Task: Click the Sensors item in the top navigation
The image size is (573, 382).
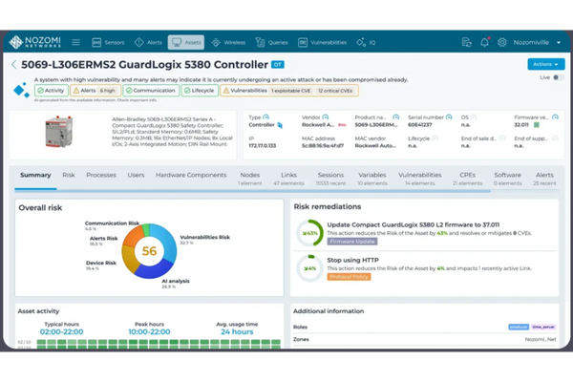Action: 108,42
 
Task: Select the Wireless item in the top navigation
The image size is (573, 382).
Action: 229,42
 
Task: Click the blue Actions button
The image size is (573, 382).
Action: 540,64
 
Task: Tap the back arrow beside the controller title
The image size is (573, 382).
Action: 13,65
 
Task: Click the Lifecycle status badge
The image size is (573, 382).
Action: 197,91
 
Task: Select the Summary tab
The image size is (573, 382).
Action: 35,175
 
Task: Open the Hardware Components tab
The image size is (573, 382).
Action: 191,175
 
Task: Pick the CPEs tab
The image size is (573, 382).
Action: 467,175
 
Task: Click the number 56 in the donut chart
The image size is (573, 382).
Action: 150,250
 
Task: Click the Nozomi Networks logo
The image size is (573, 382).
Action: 44,42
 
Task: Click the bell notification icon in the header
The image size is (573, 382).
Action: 484,42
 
